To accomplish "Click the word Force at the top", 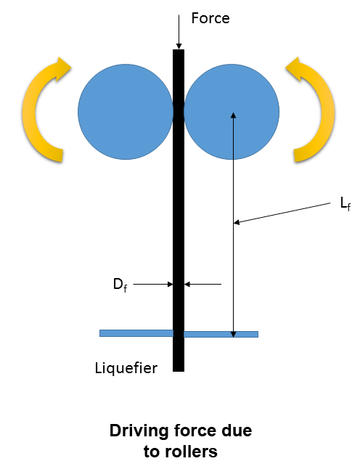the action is click(x=210, y=18).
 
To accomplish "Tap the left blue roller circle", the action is click(x=126, y=112).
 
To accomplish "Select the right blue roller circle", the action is click(x=232, y=112).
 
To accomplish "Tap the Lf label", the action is click(x=345, y=204).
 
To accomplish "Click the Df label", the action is click(x=120, y=285).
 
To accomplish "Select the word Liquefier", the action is click(x=126, y=368).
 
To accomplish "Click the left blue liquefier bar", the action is click(x=136, y=333).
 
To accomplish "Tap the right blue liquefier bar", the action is click(x=221, y=334).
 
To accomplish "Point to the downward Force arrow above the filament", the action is click(x=179, y=32).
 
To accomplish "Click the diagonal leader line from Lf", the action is click(x=282, y=213).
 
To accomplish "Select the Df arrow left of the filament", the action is click(x=153, y=284).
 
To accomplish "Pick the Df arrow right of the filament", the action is click(x=202, y=284).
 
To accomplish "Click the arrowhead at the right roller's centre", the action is click(x=234, y=115).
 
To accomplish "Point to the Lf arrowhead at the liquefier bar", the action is click(x=234, y=335).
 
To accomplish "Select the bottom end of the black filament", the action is click(x=179, y=371).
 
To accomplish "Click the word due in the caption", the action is click(x=237, y=431).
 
